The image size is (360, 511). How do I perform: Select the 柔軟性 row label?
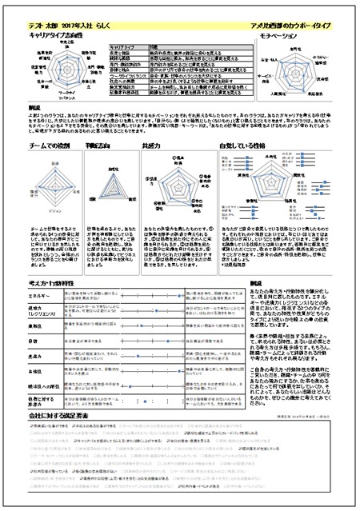[x=35, y=326]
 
